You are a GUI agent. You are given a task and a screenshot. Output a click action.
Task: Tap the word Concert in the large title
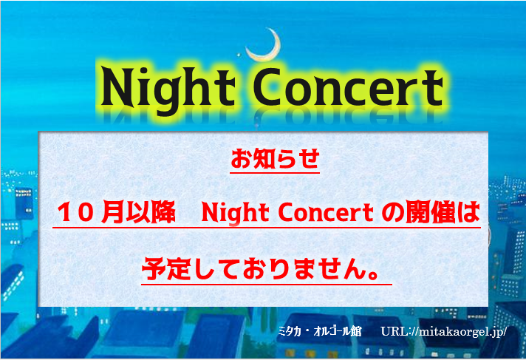348,87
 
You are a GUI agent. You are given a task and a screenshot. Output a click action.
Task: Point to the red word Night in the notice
235,214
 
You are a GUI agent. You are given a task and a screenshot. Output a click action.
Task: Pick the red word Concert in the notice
326,213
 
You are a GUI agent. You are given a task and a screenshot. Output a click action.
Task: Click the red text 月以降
139,212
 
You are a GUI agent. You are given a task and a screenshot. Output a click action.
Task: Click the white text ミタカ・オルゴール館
320,331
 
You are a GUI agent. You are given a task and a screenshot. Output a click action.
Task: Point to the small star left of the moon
239,55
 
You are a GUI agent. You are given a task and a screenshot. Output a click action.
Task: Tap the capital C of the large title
267,86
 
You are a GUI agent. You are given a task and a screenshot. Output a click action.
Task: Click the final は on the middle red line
468,212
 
